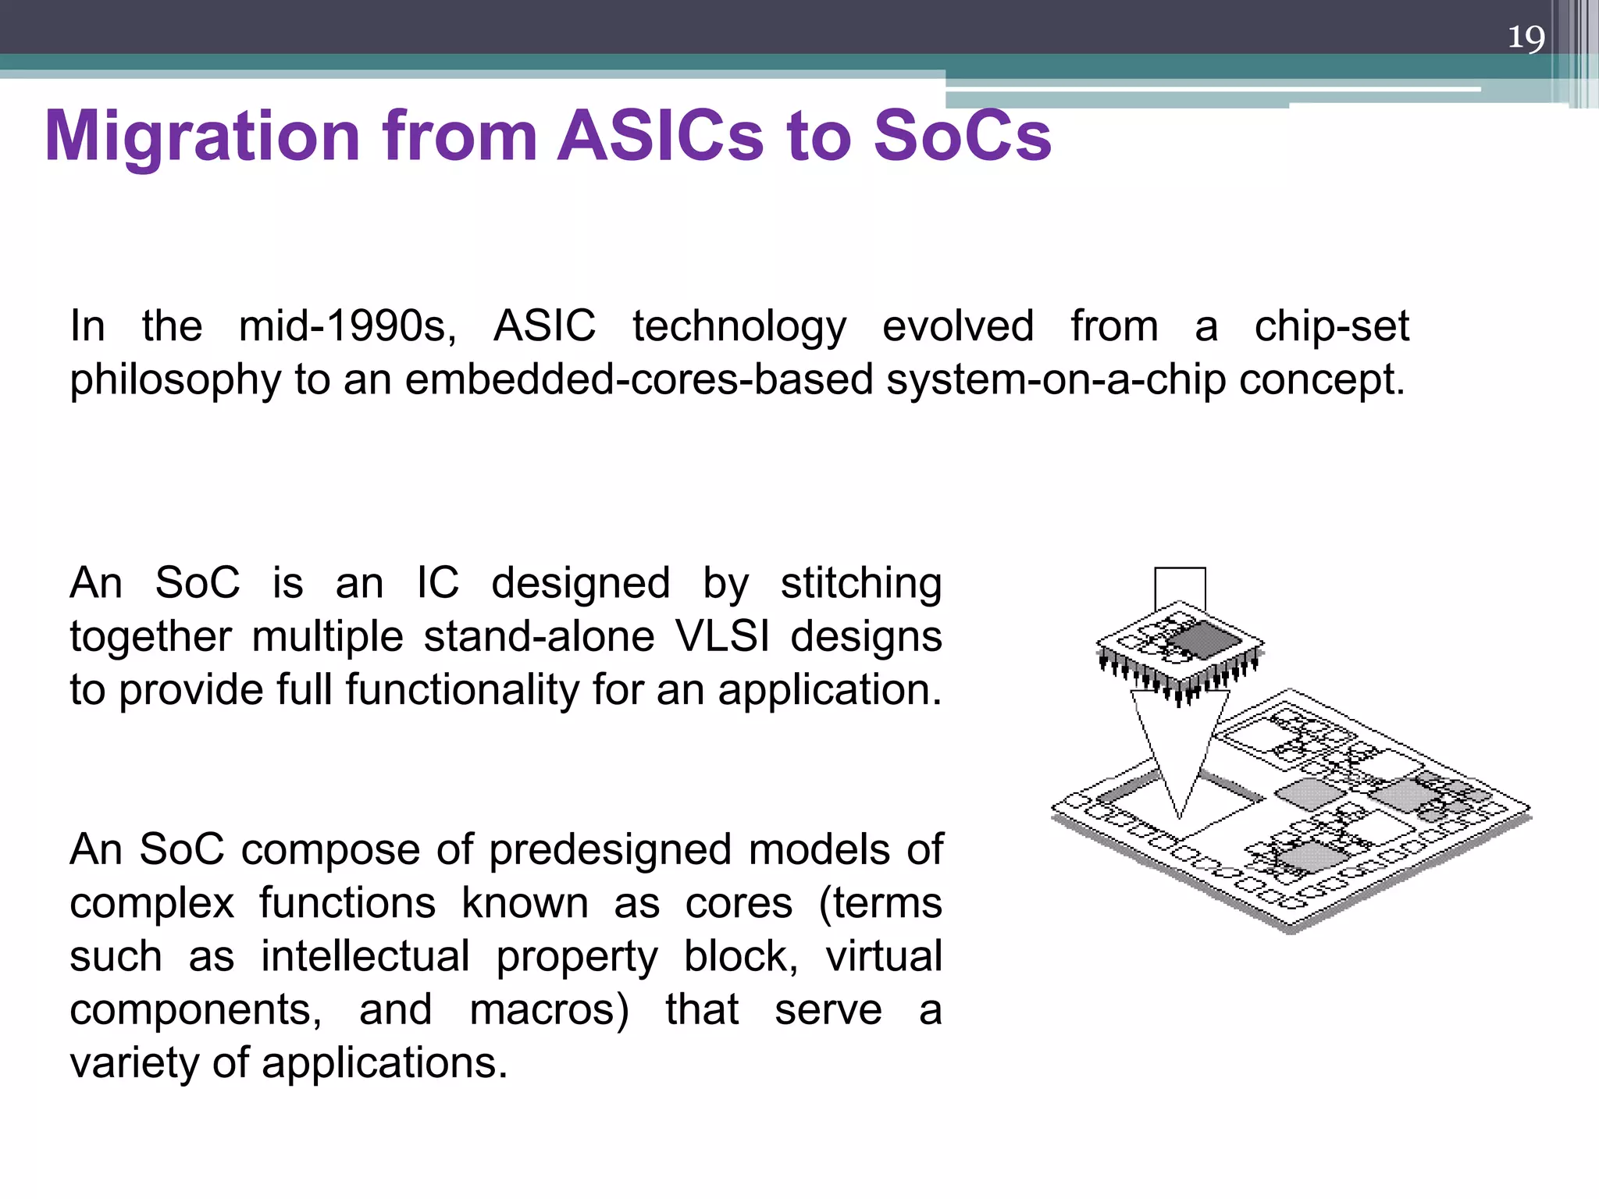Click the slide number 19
coord(1526,37)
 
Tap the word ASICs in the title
coord(660,137)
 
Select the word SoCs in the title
coord(962,137)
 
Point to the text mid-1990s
coord(347,326)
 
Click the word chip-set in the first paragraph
coord(1331,326)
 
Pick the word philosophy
coord(174,381)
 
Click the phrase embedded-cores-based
coord(639,380)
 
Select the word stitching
coord(861,583)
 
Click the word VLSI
coord(722,636)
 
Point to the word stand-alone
coord(539,636)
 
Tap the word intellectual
coord(365,956)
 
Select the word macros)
coord(549,1009)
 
